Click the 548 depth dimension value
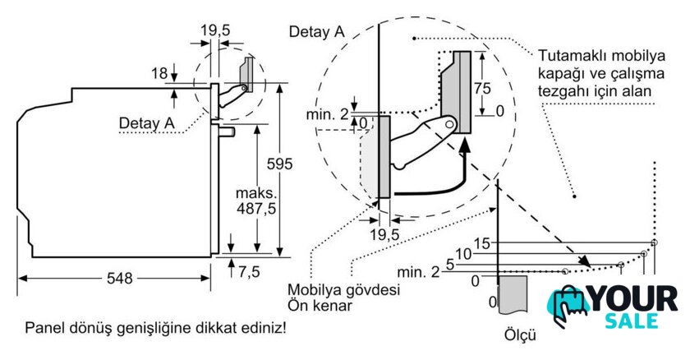119,278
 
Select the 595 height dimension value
279,164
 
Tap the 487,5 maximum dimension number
256,208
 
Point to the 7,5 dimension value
250,272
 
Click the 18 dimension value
159,73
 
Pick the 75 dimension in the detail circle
482,89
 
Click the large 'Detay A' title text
316,32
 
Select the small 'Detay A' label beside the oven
147,122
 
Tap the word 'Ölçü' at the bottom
520,335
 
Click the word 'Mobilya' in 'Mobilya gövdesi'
312,290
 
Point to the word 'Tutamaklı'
565,56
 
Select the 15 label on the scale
482,243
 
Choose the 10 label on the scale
463,254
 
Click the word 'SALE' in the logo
632,321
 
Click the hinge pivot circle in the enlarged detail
448,124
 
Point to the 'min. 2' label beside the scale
418,272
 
